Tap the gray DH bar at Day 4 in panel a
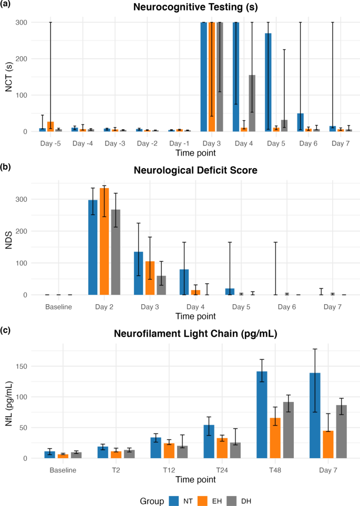point(252,103)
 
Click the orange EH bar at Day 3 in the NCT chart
point(212,77)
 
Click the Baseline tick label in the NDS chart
point(58,306)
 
